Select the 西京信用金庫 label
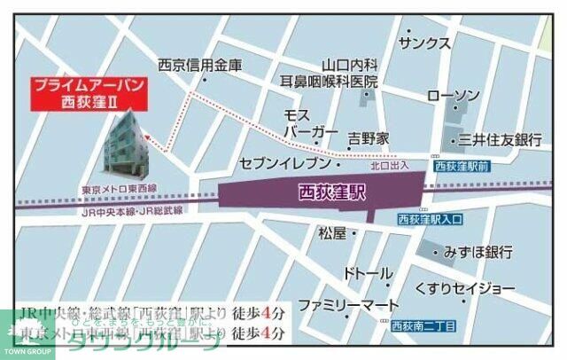199,65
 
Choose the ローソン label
454,96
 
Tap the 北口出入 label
389,166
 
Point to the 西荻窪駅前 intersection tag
461,166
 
